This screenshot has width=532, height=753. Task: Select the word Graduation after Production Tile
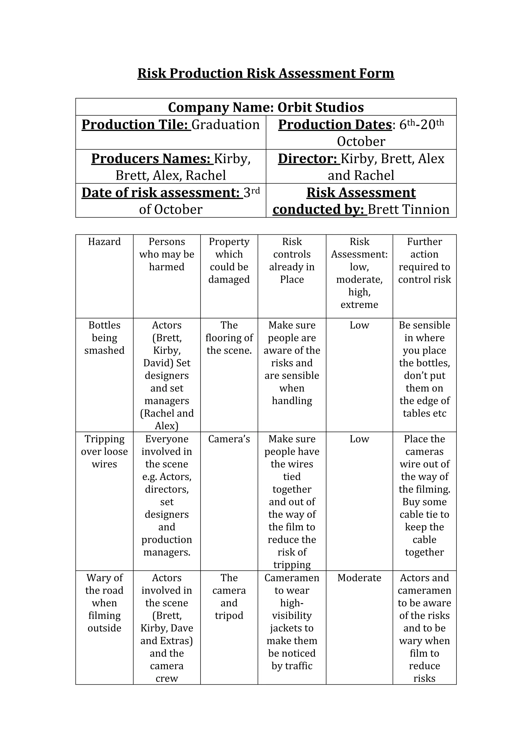pyautogui.click(x=225, y=125)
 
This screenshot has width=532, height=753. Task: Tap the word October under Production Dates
pyautogui.click(x=361, y=141)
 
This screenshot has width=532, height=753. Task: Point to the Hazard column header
pyautogui.click(x=104, y=242)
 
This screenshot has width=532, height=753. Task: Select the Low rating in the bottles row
pyautogui.click(x=359, y=325)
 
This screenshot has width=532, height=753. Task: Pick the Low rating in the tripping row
pyautogui.click(x=359, y=439)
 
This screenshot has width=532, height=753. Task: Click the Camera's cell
pyautogui.click(x=229, y=439)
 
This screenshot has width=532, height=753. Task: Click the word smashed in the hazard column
pyautogui.click(x=104, y=350)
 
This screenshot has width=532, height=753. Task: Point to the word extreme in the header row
pyautogui.click(x=359, y=305)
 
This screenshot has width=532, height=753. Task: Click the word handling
pyautogui.click(x=292, y=401)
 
